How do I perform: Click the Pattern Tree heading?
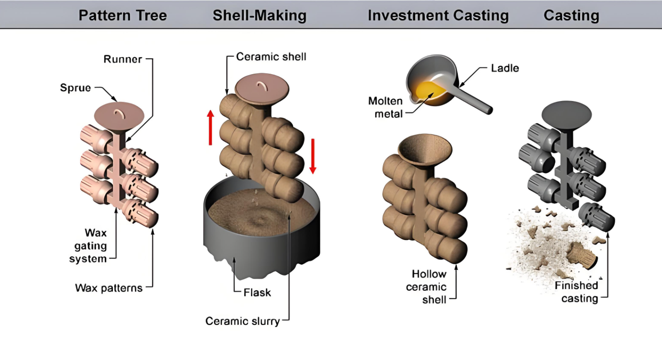[x=123, y=16]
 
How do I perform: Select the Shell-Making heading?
[x=259, y=16]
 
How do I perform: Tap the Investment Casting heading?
[x=438, y=16]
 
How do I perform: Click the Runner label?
[x=123, y=59]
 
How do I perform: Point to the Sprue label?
[x=75, y=88]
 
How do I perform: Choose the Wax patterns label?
[x=109, y=288]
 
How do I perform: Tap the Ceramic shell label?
[x=271, y=57]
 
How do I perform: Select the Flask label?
[x=257, y=293]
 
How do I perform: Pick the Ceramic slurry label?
[x=242, y=321]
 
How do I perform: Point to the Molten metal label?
[x=386, y=107]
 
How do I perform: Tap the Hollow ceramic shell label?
[x=429, y=287]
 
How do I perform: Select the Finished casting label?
[x=576, y=292]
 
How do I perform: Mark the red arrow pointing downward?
[x=313, y=156]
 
